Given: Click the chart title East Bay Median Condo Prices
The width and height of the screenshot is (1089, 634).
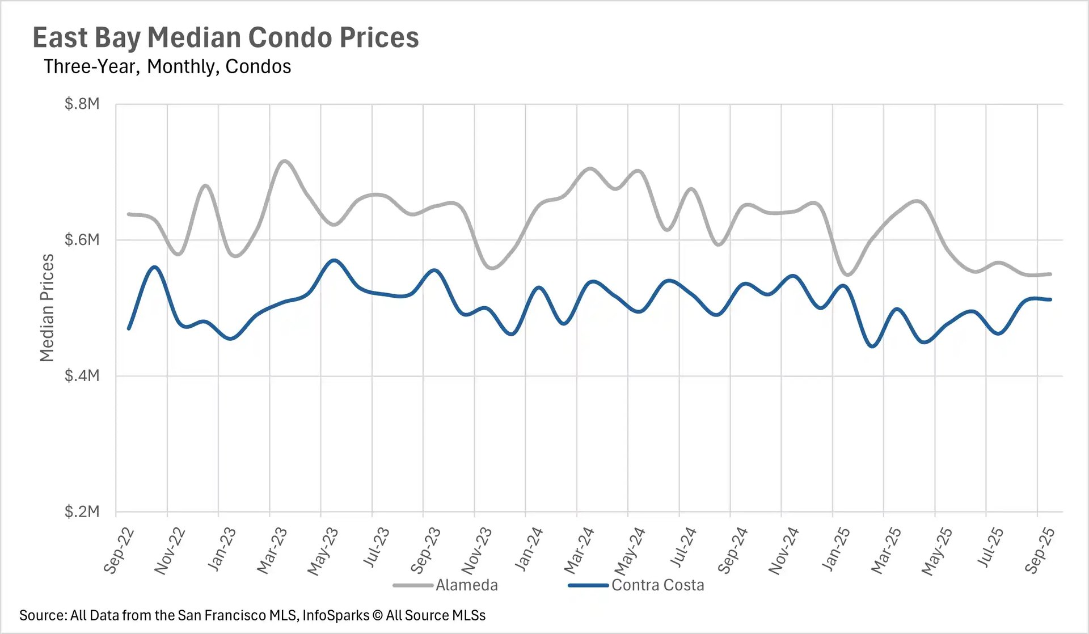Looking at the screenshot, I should [225, 38].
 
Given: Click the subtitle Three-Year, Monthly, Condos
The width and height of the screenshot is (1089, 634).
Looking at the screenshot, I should [167, 67].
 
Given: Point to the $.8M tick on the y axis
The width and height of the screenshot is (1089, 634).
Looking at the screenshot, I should [82, 104].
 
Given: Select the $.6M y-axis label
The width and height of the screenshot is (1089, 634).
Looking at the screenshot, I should [82, 240].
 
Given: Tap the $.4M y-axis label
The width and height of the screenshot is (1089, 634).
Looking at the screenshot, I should [82, 375].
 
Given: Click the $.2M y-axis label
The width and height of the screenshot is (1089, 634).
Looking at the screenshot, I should [82, 512].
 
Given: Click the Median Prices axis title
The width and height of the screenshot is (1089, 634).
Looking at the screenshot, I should [47, 307].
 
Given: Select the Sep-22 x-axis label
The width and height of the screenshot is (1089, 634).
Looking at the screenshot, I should [119, 550].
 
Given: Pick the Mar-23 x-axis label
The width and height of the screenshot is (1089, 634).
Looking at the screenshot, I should [272, 550].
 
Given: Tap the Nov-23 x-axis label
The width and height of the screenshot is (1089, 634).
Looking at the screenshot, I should [476, 550].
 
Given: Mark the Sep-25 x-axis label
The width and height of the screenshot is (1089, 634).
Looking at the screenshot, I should [1040, 550].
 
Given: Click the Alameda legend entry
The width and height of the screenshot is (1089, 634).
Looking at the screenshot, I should [466, 585].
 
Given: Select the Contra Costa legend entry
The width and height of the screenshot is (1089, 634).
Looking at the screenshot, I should [657, 585].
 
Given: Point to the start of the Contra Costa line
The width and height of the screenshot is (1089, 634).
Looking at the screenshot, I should [129, 328].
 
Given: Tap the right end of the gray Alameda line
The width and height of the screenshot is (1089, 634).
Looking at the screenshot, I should [1050, 274].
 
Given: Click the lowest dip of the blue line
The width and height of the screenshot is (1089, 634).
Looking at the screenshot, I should [873, 346].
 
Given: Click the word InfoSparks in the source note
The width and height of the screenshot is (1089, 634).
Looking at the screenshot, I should [335, 615].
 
